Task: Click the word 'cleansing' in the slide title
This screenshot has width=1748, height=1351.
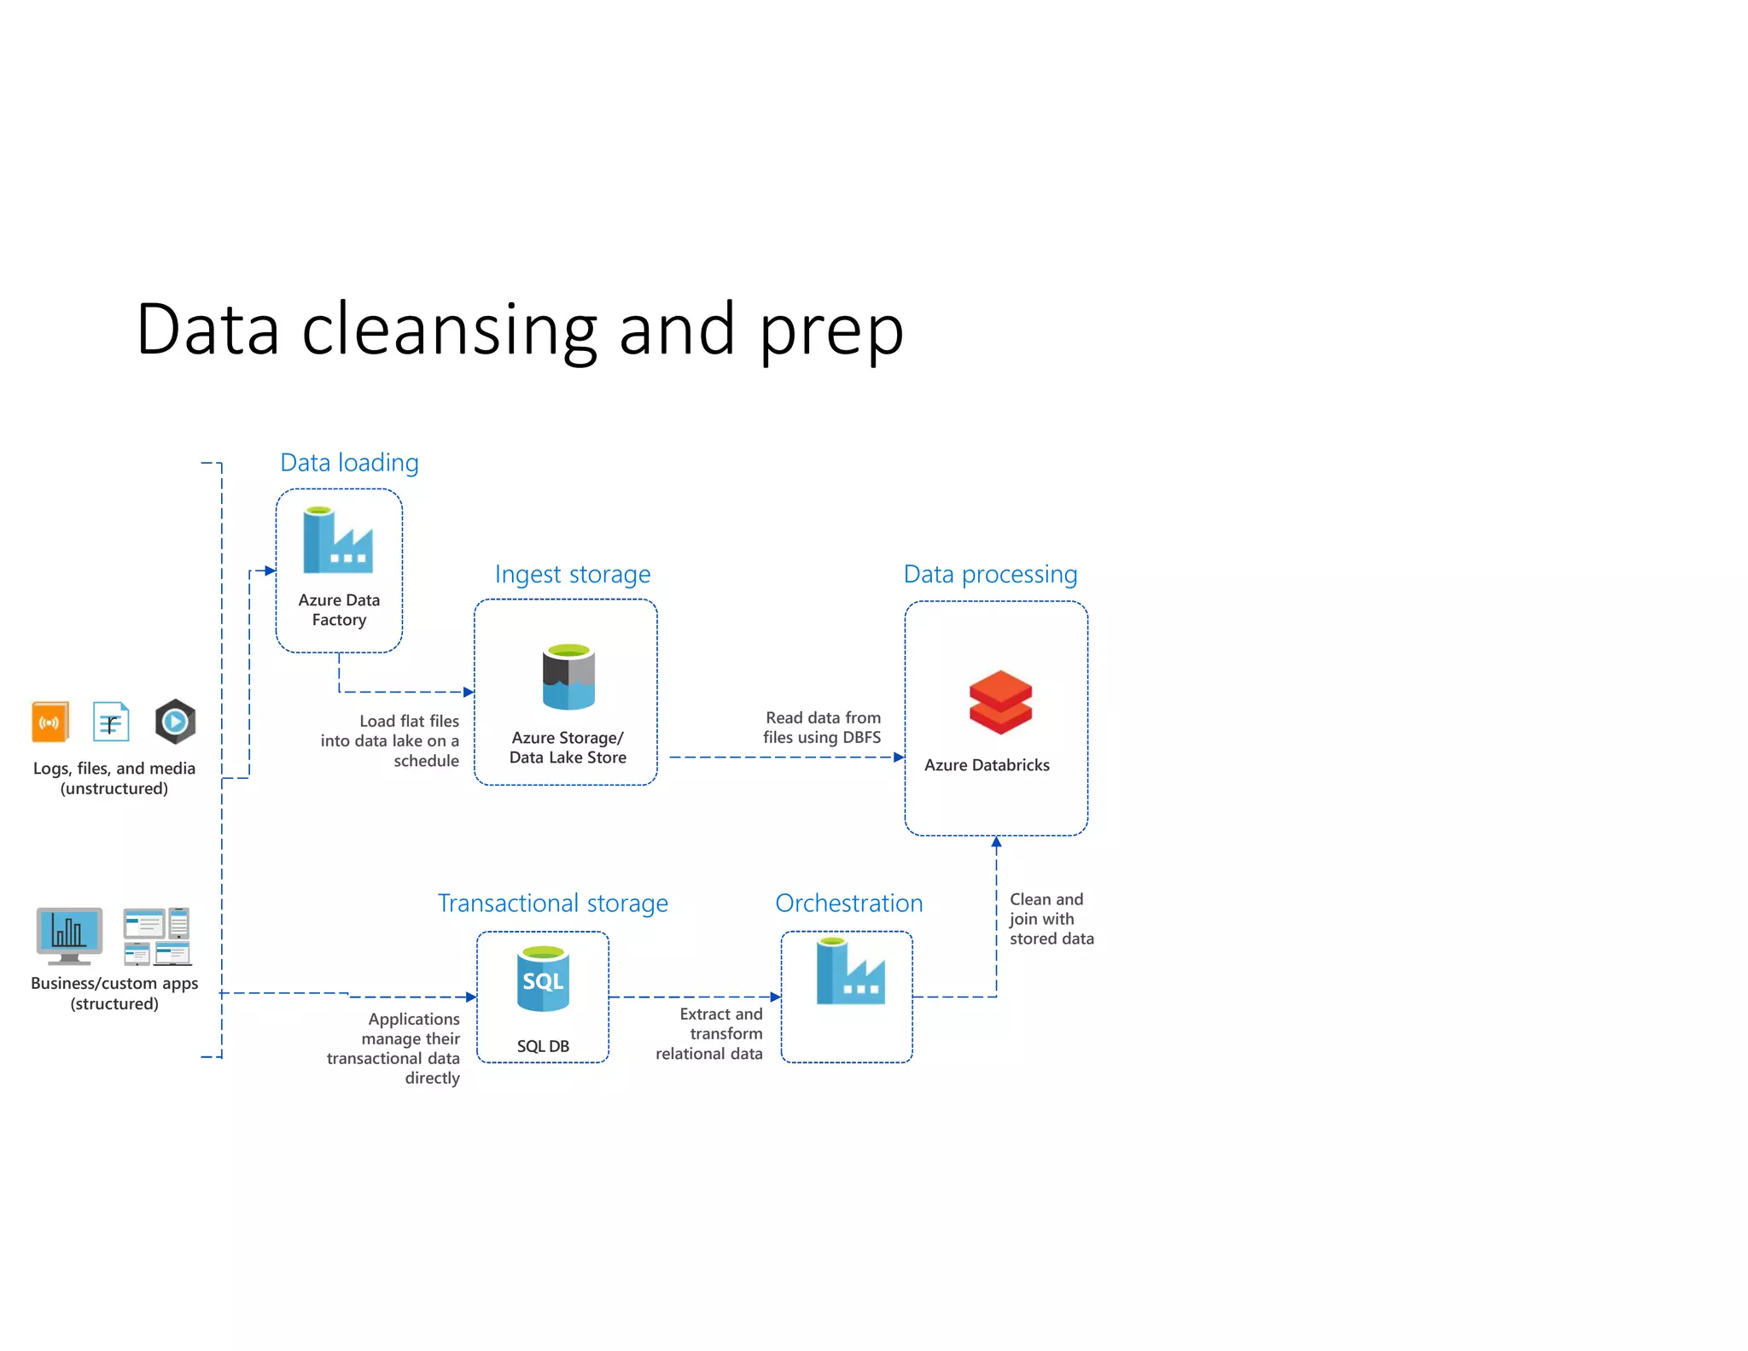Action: [x=448, y=331]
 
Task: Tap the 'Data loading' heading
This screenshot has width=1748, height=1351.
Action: [x=349, y=463]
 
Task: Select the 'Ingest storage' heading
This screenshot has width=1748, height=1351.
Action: [x=572, y=575]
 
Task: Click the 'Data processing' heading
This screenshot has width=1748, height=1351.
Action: [x=990, y=575]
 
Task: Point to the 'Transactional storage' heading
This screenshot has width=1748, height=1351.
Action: [x=552, y=904]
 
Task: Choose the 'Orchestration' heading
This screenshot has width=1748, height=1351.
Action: [x=848, y=904]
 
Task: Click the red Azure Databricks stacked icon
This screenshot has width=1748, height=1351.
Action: [x=1000, y=702]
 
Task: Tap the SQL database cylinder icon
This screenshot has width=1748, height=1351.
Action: [x=543, y=979]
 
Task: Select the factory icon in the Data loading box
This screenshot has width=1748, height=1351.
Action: [x=338, y=541]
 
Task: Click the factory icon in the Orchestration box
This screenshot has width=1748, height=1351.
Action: [x=849, y=972]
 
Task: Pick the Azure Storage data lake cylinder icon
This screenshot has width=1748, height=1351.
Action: [x=568, y=677]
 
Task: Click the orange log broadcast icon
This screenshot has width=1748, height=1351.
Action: [x=50, y=722]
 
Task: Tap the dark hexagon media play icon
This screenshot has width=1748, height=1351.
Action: [x=175, y=722]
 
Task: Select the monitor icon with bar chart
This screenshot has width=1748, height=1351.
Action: [x=69, y=934]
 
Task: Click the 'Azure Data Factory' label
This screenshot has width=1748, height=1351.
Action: [x=339, y=610]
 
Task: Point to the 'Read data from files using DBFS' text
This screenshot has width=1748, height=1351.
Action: [x=822, y=728]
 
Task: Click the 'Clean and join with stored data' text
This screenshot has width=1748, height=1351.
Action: [x=1050, y=919]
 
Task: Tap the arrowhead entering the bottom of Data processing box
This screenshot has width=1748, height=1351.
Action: [x=996, y=842]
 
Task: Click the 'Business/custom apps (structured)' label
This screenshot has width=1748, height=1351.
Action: [x=114, y=993]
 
